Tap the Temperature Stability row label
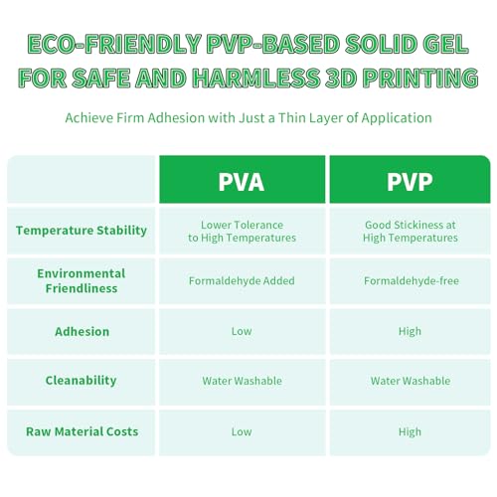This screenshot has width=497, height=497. tap(82, 231)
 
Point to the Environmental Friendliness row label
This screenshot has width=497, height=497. tap(82, 281)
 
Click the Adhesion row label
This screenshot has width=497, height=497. tap(82, 332)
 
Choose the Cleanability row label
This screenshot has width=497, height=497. tap(81, 381)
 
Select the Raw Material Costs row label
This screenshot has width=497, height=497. tap(82, 431)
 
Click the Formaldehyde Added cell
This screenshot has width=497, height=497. tap(242, 281)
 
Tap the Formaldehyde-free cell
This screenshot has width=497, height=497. tap(412, 281)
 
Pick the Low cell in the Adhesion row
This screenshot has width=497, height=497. tap(242, 331)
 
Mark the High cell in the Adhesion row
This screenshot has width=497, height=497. tap(410, 332)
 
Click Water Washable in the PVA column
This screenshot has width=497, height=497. tap(242, 381)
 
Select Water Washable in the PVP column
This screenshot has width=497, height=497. tap(411, 381)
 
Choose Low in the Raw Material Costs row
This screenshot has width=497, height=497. tap(242, 431)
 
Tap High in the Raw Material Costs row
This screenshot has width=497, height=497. tap(410, 432)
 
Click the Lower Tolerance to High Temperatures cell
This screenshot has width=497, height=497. tap(242, 232)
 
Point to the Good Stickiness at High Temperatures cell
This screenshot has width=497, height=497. tap(411, 232)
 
